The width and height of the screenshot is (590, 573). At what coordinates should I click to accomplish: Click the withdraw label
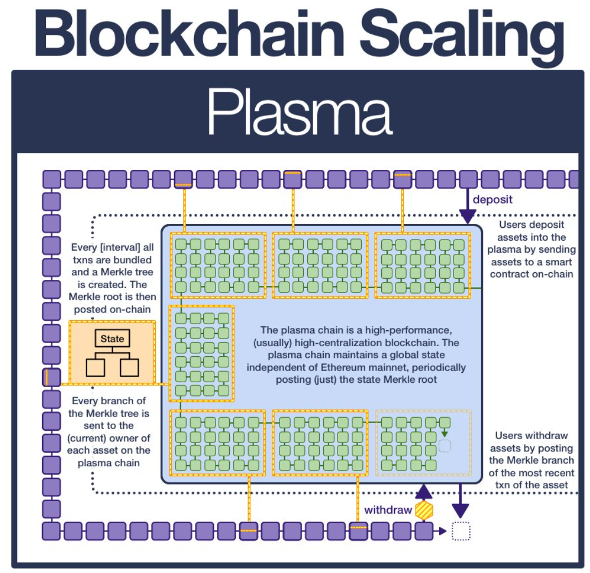pos(388,509)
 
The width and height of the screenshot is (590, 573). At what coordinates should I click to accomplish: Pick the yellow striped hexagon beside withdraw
pos(424,510)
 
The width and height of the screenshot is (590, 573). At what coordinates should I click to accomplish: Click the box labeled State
pos(112,338)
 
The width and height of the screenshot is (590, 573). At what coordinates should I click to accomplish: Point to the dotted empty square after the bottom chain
pos(461,532)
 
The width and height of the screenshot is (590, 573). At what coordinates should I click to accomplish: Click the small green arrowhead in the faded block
pos(444,434)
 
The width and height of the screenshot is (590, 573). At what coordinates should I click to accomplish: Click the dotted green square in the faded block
pos(445,446)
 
